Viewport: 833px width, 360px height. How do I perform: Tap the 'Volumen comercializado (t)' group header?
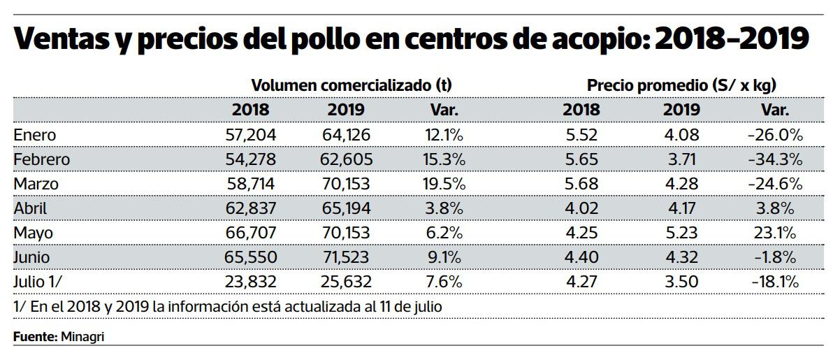(x=352, y=85)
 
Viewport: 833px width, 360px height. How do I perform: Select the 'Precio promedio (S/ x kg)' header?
(x=681, y=85)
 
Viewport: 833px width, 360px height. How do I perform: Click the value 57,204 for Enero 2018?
(x=251, y=135)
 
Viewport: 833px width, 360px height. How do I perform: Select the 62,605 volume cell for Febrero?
(x=347, y=159)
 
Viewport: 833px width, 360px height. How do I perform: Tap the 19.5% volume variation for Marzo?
(x=444, y=184)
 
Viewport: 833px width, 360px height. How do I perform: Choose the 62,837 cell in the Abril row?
(x=251, y=208)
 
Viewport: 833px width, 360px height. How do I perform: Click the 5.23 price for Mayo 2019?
(x=681, y=233)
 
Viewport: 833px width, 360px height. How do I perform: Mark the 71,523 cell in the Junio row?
(x=347, y=257)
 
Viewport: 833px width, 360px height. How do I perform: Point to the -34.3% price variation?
(x=774, y=159)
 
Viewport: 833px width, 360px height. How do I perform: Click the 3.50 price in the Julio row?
(x=681, y=282)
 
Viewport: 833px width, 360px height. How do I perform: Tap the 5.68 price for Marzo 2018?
(x=581, y=184)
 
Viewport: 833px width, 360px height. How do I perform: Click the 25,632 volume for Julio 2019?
(x=347, y=282)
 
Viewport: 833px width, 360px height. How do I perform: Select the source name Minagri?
(x=83, y=337)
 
